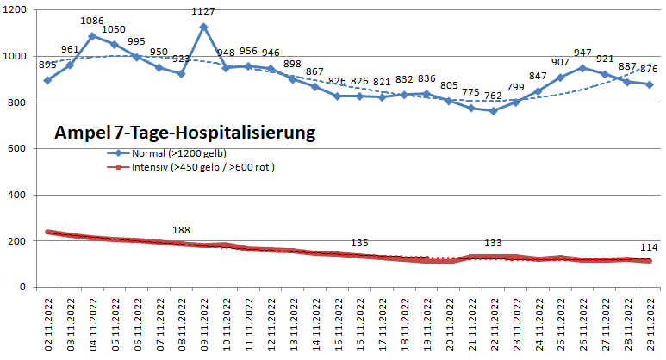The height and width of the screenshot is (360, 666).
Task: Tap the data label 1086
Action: tap(92, 21)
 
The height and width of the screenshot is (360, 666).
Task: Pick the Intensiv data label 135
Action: tap(359, 243)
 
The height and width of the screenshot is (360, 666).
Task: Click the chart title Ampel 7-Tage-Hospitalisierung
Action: tap(184, 133)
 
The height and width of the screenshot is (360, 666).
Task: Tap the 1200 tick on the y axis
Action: tap(16, 10)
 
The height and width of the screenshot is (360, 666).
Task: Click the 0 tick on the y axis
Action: tap(25, 287)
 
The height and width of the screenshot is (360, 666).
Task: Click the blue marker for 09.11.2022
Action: tap(203, 27)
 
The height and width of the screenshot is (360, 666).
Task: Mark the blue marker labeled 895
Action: tap(47, 80)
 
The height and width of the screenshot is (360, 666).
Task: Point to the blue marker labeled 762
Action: tap(493, 110)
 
